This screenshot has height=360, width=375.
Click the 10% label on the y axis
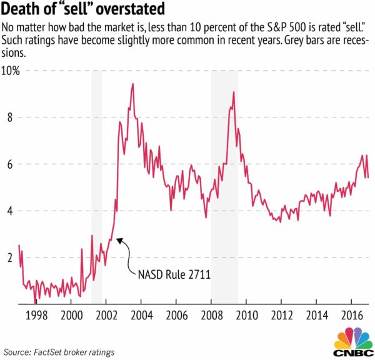11,71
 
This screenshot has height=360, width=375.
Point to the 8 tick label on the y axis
10,117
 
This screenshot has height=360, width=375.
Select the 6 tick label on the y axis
10,164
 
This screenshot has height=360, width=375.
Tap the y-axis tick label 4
10,211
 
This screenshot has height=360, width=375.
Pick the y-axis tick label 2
10,257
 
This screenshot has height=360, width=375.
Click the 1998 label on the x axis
36,316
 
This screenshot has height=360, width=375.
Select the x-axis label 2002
106,316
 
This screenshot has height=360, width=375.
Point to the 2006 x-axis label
176,316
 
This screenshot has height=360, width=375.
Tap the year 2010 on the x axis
247,316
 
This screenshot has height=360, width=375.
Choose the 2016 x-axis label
352,316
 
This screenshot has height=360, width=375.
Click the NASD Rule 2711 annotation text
174,274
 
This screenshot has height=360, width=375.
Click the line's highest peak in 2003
133,84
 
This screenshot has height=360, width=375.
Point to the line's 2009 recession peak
234,92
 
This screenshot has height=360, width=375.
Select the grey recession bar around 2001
97,187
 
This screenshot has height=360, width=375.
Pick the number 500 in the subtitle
298,27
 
